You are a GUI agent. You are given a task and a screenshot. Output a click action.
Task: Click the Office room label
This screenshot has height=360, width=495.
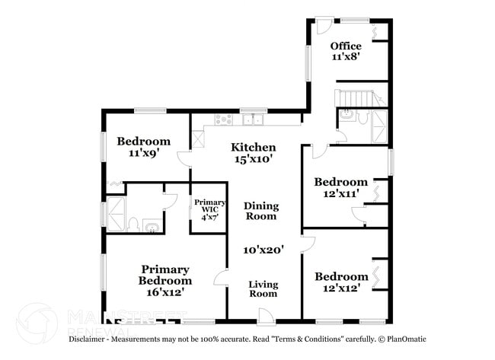point(346,46)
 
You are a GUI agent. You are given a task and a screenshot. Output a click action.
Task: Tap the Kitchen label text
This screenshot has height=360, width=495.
point(254,147)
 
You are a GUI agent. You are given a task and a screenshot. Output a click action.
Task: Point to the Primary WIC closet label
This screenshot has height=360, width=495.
point(208,203)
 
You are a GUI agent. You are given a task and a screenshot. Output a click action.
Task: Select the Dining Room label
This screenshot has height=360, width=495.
point(261,211)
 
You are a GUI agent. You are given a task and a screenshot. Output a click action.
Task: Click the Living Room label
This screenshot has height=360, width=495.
point(263,288)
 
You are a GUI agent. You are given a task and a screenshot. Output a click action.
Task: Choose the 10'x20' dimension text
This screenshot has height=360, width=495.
point(263,249)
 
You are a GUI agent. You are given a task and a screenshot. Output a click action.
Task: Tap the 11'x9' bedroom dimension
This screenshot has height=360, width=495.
point(143,153)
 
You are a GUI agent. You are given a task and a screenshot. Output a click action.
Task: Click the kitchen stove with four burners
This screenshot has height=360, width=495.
point(224,119)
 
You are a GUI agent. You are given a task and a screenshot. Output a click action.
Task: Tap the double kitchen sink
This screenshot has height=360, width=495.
point(253,119)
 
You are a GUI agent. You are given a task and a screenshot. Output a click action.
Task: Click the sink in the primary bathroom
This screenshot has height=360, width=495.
point(151,225)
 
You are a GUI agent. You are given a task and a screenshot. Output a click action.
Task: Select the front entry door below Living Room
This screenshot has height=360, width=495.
point(266,314)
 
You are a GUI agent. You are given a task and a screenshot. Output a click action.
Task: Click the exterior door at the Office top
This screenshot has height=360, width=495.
point(324,25)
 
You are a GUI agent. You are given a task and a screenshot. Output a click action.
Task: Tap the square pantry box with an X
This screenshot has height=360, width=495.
point(198,140)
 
